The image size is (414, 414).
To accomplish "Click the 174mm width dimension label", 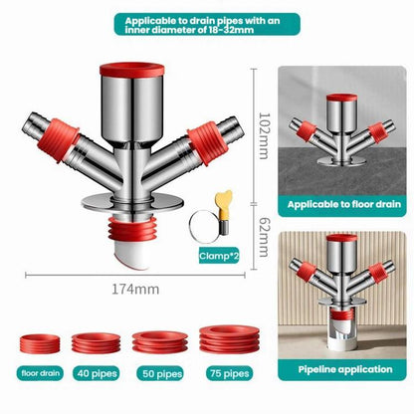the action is pos(135,290).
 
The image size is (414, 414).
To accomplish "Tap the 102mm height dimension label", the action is pos(265,136).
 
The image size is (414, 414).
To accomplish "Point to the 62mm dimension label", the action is pos(265,237).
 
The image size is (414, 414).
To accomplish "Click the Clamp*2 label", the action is pos(219,256).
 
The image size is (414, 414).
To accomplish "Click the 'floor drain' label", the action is pos(41,373).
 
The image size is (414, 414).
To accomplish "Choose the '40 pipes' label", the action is pos(97,373).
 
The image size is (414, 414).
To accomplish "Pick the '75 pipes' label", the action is pos(229,373).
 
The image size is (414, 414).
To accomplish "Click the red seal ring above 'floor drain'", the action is pos(40,344).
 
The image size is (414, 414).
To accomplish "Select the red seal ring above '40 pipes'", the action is pos(96,343).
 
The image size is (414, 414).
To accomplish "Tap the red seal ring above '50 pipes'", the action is pos(160,342).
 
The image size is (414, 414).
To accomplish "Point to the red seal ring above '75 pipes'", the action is pos(229,339).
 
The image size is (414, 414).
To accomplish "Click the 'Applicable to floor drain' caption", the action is pos(343,204).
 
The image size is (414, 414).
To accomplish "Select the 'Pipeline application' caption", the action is pos(345,369).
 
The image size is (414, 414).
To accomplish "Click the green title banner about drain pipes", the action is pos(207,25).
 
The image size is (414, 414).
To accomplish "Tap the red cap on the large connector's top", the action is pos(132,70).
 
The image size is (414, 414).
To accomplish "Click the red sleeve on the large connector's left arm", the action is pos(59,140).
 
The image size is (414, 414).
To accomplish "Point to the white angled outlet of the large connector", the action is pos(132,255).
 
